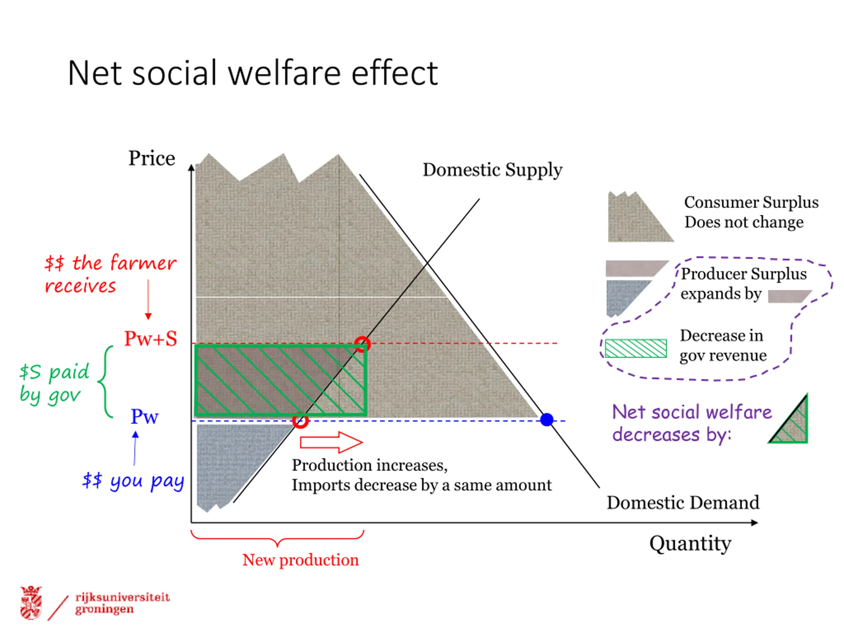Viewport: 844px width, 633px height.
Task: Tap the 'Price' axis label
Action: tap(151, 158)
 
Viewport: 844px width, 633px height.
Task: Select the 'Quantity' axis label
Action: tap(690, 543)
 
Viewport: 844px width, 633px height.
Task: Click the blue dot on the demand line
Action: tap(547, 420)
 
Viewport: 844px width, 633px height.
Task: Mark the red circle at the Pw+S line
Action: tap(362, 344)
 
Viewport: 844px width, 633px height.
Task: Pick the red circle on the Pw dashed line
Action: tap(300, 421)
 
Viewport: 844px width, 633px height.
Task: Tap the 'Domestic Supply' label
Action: tap(492, 170)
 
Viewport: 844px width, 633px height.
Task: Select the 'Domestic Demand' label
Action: tap(683, 502)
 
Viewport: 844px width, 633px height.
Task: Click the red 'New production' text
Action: tap(301, 560)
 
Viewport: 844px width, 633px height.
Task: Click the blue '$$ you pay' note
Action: tap(133, 480)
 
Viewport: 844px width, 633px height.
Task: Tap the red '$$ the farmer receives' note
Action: tap(110, 274)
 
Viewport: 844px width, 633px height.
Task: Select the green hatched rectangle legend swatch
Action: tap(636, 348)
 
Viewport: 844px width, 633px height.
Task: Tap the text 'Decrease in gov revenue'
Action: tap(723, 345)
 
